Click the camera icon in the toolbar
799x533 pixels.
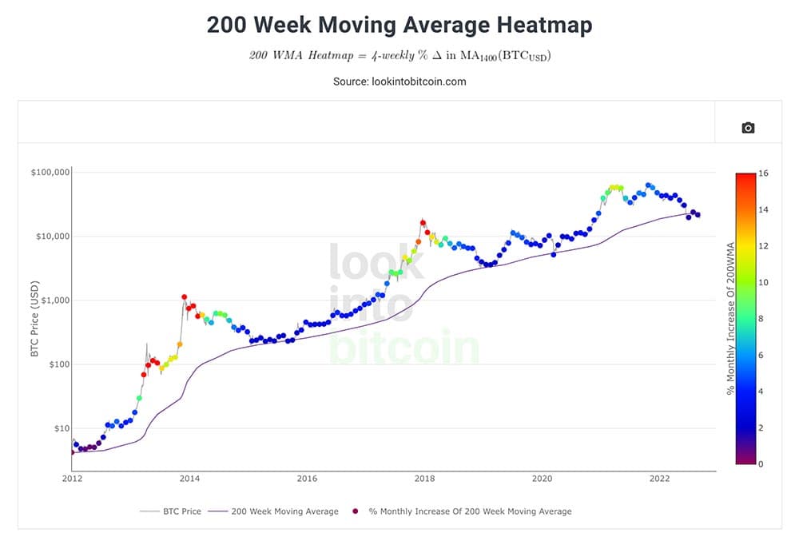click(x=748, y=128)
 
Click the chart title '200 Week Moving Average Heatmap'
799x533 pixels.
click(x=399, y=25)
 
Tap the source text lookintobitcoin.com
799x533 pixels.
click(x=419, y=82)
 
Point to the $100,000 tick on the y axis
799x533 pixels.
click(x=50, y=173)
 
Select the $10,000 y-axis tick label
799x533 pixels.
click(x=53, y=237)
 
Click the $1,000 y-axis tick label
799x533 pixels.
click(x=56, y=300)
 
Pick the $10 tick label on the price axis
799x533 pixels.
click(x=62, y=428)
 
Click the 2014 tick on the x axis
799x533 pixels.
click(x=189, y=479)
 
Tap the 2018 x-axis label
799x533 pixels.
click(x=424, y=479)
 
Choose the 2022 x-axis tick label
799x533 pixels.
click(x=659, y=479)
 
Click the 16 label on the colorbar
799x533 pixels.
click(x=763, y=173)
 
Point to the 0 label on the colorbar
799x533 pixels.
click(x=761, y=463)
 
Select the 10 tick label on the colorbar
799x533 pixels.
click(x=763, y=282)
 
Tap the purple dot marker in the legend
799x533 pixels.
click(x=356, y=511)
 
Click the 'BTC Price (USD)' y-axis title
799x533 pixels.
click(x=34, y=319)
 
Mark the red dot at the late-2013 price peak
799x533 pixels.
click(x=184, y=297)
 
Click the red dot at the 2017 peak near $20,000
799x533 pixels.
click(x=423, y=223)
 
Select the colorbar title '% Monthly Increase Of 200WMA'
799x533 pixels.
click(x=731, y=319)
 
